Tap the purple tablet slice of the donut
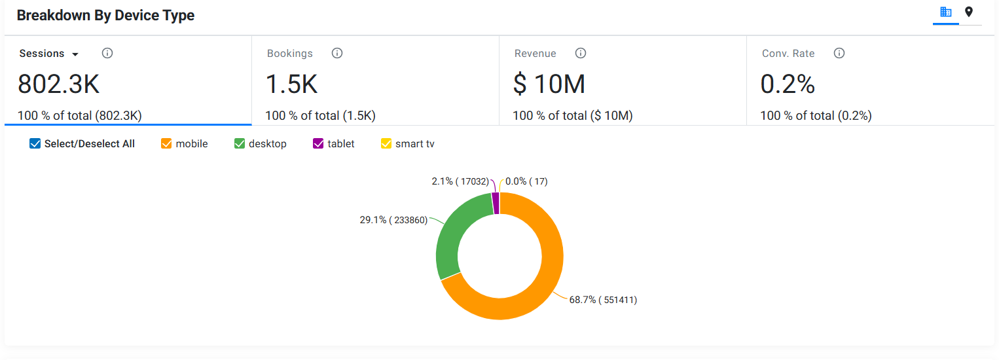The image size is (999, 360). pyautogui.click(x=496, y=204)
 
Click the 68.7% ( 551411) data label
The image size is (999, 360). pyautogui.click(x=603, y=300)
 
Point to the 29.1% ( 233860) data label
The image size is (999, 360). pyautogui.click(x=393, y=220)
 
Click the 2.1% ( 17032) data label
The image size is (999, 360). pyautogui.click(x=460, y=181)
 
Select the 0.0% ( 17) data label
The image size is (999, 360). pyautogui.click(x=526, y=181)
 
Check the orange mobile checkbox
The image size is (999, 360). pyautogui.click(x=166, y=143)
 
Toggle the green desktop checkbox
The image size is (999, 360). pyautogui.click(x=240, y=143)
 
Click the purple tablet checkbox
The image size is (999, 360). pyautogui.click(x=318, y=143)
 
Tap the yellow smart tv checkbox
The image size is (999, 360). pyautogui.click(x=386, y=143)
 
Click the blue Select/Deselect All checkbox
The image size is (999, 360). pyautogui.click(x=35, y=143)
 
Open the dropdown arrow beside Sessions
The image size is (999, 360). pyautogui.click(x=75, y=54)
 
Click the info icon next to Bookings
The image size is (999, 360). pyautogui.click(x=337, y=54)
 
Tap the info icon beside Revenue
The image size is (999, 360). pyautogui.click(x=580, y=54)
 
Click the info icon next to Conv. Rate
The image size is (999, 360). pyautogui.click(x=839, y=54)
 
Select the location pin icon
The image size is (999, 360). pyautogui.click(x=969, y=12)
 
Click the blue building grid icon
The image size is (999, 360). pyautogui.click(x=945, y=12)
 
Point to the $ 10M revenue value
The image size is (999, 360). pyautogui.click(x=549, y=84)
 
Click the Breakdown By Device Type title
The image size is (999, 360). pyautogui.click(x=105, y=16)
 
